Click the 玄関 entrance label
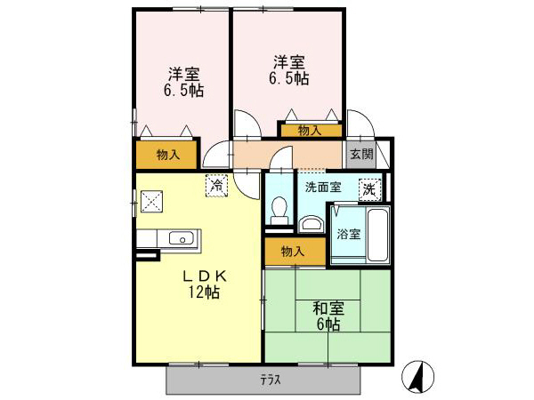[x=360, y=154]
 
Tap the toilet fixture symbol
[x=278, y=211]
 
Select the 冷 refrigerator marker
[x=216, y=185]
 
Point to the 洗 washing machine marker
[x=368, y=189]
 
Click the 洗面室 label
[x=322, y=187]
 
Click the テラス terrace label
[x=271, y=380]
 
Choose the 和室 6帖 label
[x=327, y=316]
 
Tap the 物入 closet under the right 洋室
[x=310, y=131]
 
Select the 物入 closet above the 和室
[x=292, y=252]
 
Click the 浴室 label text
[x=348, y=235]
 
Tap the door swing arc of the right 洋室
[x=247, y=124]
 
